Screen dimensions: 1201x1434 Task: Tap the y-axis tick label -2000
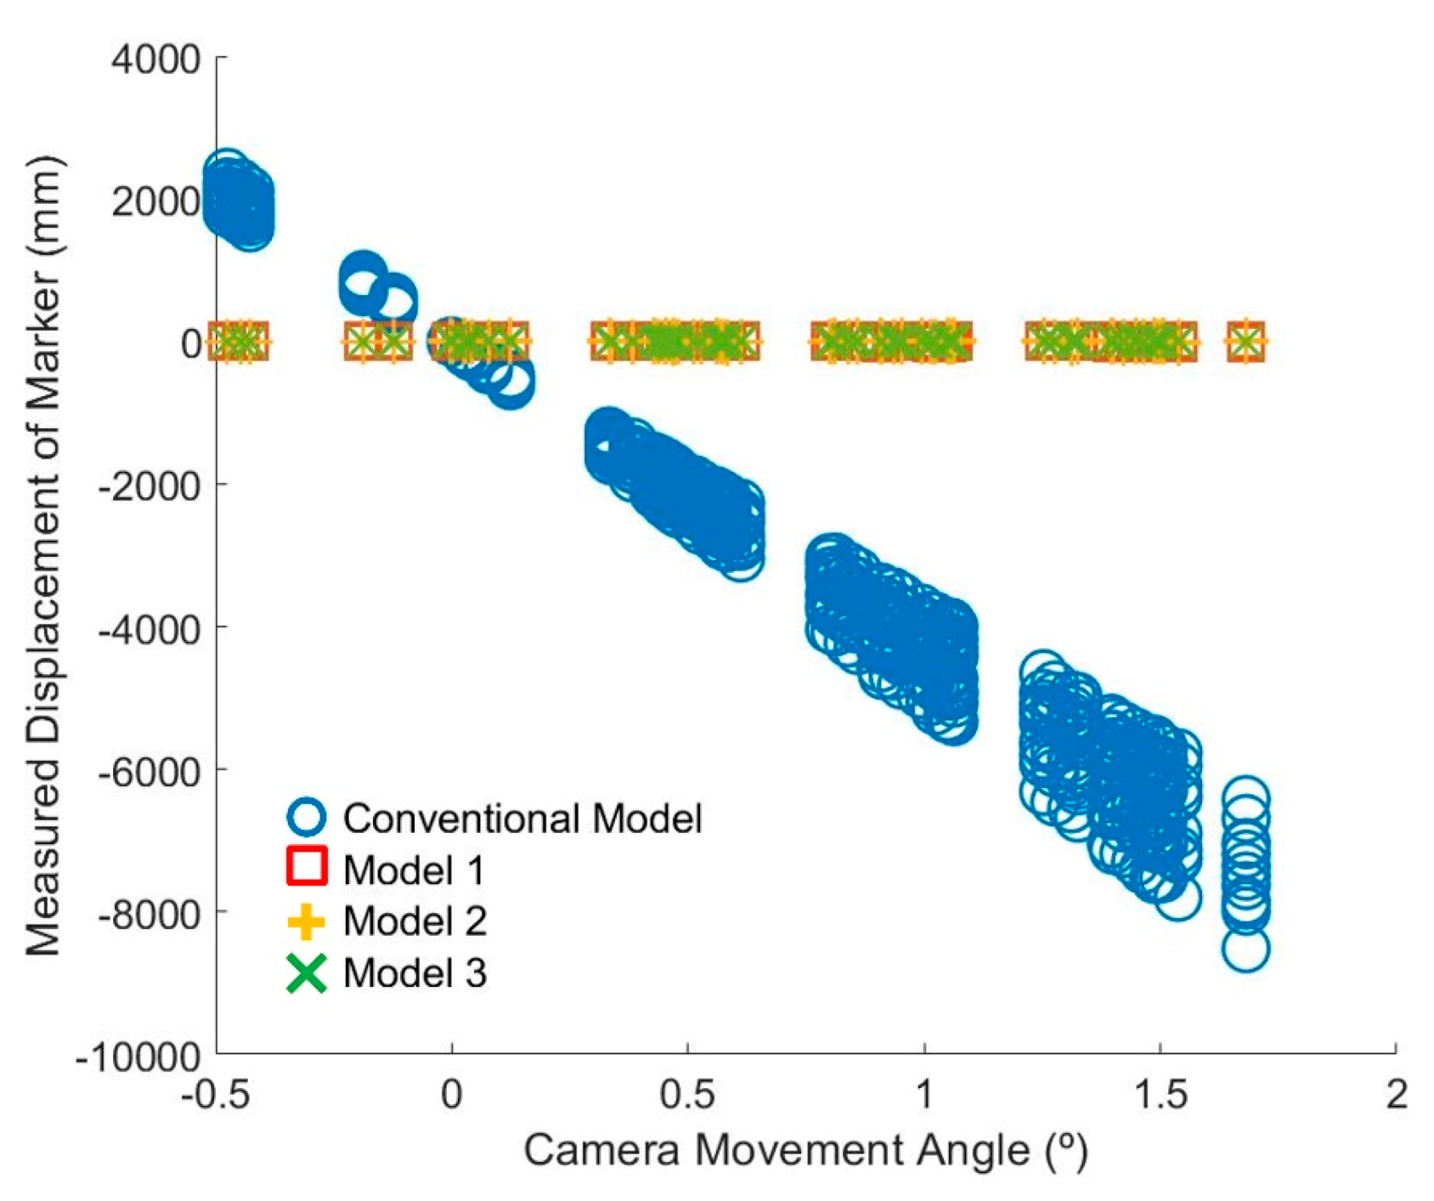(x=150, y=485)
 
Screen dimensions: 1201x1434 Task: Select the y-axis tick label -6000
(x=150, y=770)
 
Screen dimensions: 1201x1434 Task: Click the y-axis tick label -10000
(x=139, y=1057)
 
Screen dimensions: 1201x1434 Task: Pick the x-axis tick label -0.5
(x=215, y=1095)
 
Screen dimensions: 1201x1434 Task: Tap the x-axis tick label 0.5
(x=687, y=1095)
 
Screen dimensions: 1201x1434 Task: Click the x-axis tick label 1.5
(x=1160, y=1095)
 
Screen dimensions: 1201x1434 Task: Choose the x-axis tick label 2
(x=1396, y=1095)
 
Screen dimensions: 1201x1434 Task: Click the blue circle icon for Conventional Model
(x=307, y=818)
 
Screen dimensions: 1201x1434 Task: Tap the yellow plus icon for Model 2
(x=307, y=921)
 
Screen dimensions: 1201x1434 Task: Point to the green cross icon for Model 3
(x=307, y=973)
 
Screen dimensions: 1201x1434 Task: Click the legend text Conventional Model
(x=522, y=819)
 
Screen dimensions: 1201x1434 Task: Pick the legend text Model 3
(x=415, y=973)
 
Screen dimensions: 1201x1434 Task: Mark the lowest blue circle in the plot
(x=1246, y=949)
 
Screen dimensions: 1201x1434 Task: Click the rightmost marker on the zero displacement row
(x=1246, y=342)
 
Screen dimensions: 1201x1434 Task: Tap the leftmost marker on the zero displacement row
(x=226, y=342)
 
